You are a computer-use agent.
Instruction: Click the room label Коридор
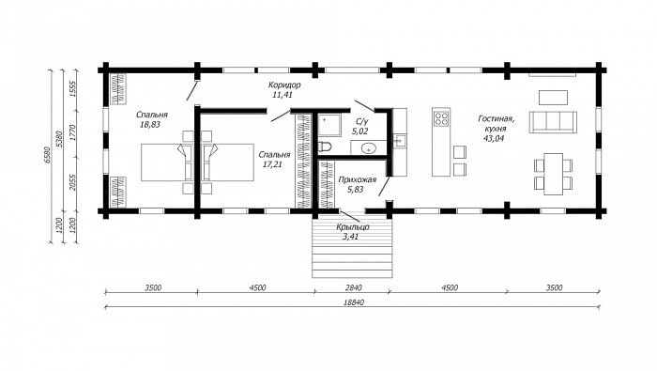284,85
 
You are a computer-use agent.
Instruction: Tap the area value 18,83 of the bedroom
151,125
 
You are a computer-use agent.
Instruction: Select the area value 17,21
272,164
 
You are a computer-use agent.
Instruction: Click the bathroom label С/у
361,121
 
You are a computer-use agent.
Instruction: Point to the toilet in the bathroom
325,147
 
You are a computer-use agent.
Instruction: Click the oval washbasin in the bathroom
369,148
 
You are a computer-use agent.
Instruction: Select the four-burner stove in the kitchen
441,118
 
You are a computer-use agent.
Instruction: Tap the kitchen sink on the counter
399,141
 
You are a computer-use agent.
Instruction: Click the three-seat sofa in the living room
553,122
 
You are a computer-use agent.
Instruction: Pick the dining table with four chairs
553,174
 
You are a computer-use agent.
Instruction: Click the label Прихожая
357,179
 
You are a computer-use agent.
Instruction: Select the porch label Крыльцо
353,227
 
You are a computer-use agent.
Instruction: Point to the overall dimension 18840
354,302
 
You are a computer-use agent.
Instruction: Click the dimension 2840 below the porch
353,288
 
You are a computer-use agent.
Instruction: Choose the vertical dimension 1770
72,132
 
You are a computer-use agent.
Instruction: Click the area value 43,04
495,138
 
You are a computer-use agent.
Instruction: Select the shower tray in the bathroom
330,125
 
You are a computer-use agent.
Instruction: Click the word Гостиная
497,119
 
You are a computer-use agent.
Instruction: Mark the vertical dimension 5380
59,139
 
